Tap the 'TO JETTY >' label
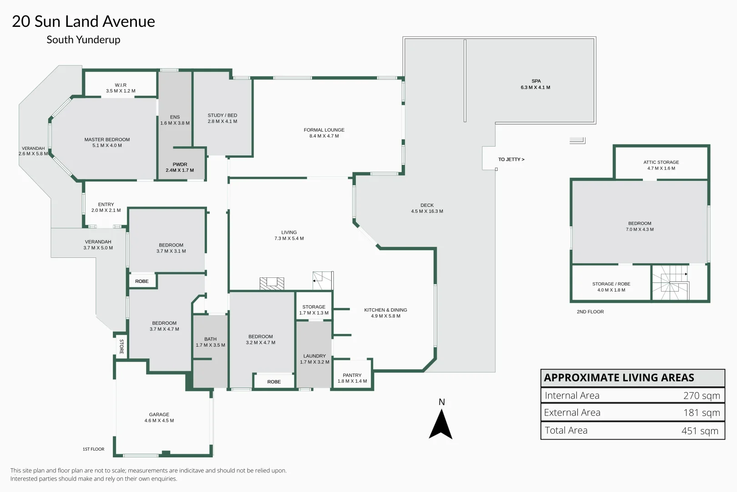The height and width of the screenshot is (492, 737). [x=511, y=159]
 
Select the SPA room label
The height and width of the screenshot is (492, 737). [x=536, y=81]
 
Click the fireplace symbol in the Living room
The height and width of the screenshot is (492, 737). [x=272, y=283]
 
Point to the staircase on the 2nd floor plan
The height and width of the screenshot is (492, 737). [x=670, y=282]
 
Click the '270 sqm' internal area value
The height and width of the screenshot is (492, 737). [x=701, y=395]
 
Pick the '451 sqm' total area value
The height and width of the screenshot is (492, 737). [x=700, y=430]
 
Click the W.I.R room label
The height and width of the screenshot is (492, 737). [x=121, y=85]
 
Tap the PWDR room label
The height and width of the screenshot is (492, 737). [x=180, y=164]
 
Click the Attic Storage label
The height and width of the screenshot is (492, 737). [x=661, y=162]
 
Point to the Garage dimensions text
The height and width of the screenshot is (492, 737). [x=159, y=420]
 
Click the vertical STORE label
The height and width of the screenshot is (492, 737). [x=121, y=346]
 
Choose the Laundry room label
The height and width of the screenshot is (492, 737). [x=314, y=356]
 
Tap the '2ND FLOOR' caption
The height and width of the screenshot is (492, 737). [x=590, y=312]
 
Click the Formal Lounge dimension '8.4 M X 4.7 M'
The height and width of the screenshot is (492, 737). [x=324, y=136]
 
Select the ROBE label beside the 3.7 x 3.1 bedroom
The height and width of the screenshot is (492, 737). [x=142, y=281]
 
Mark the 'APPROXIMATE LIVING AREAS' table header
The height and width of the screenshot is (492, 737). [x=619, y=378]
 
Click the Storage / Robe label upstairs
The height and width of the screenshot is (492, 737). [x=611, y=284]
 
